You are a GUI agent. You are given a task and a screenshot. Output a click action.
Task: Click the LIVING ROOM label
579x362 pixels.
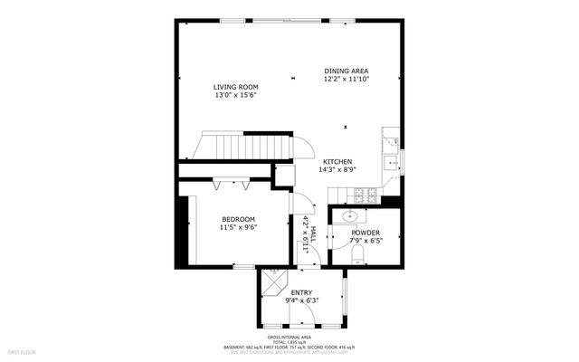[x=236, y=87]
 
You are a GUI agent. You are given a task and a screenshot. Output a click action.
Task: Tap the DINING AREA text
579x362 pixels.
[x=346, y=71]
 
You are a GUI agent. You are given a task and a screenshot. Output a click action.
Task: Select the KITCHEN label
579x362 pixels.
[x=337, y=161]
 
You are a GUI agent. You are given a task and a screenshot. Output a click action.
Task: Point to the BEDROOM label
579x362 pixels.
[x=239, y=219]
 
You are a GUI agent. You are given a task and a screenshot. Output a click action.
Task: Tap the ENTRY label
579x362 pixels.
[x=301, y=292]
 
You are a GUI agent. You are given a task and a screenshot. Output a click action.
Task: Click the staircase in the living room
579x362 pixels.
[x=252, y=146]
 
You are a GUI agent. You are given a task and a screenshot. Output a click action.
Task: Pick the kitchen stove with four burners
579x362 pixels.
[x=365, y=195]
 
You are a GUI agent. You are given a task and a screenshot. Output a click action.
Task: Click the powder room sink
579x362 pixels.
[x=349, y=216]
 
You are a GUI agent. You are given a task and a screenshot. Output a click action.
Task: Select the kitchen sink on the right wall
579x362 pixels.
[x=390, y=163]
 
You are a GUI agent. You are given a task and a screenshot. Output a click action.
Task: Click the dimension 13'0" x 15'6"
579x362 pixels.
[x=236, y=95]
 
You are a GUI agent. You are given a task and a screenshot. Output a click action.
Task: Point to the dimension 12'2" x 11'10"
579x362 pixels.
[x=346, y=79]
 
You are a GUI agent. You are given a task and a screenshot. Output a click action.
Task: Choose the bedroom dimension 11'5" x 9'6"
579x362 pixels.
[x=239, y=227]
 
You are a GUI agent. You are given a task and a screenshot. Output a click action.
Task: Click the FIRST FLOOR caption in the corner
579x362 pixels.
[x=22, y=350]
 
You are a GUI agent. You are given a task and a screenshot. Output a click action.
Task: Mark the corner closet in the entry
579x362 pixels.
[x=272, y=282]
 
